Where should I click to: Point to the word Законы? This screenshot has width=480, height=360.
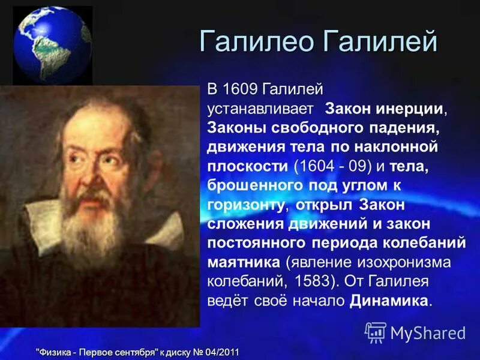point(235,128)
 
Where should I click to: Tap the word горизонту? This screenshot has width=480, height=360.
point(245,205)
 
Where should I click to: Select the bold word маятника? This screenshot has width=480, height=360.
point(243,262)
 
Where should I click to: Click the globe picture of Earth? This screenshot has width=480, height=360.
point(53,46)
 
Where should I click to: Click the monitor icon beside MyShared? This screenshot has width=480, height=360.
point(375,332)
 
